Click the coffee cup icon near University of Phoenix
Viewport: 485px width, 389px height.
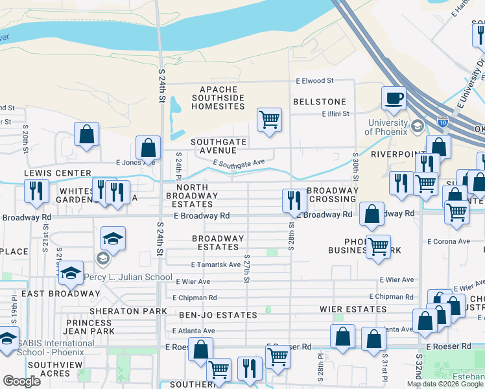[x=394, y=99]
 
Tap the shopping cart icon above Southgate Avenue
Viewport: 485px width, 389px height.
[x=269, y=120]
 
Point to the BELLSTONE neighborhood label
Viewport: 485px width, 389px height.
[x=319, y=102]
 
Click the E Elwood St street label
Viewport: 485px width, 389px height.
[x=314, y=81]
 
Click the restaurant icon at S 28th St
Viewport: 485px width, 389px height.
[x=294, y=201]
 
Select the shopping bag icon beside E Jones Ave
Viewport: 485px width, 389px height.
[x=148, y=148]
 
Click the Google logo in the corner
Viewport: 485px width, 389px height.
[x=22, y=381]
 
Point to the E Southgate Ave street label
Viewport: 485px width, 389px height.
[x=238, y=163]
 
